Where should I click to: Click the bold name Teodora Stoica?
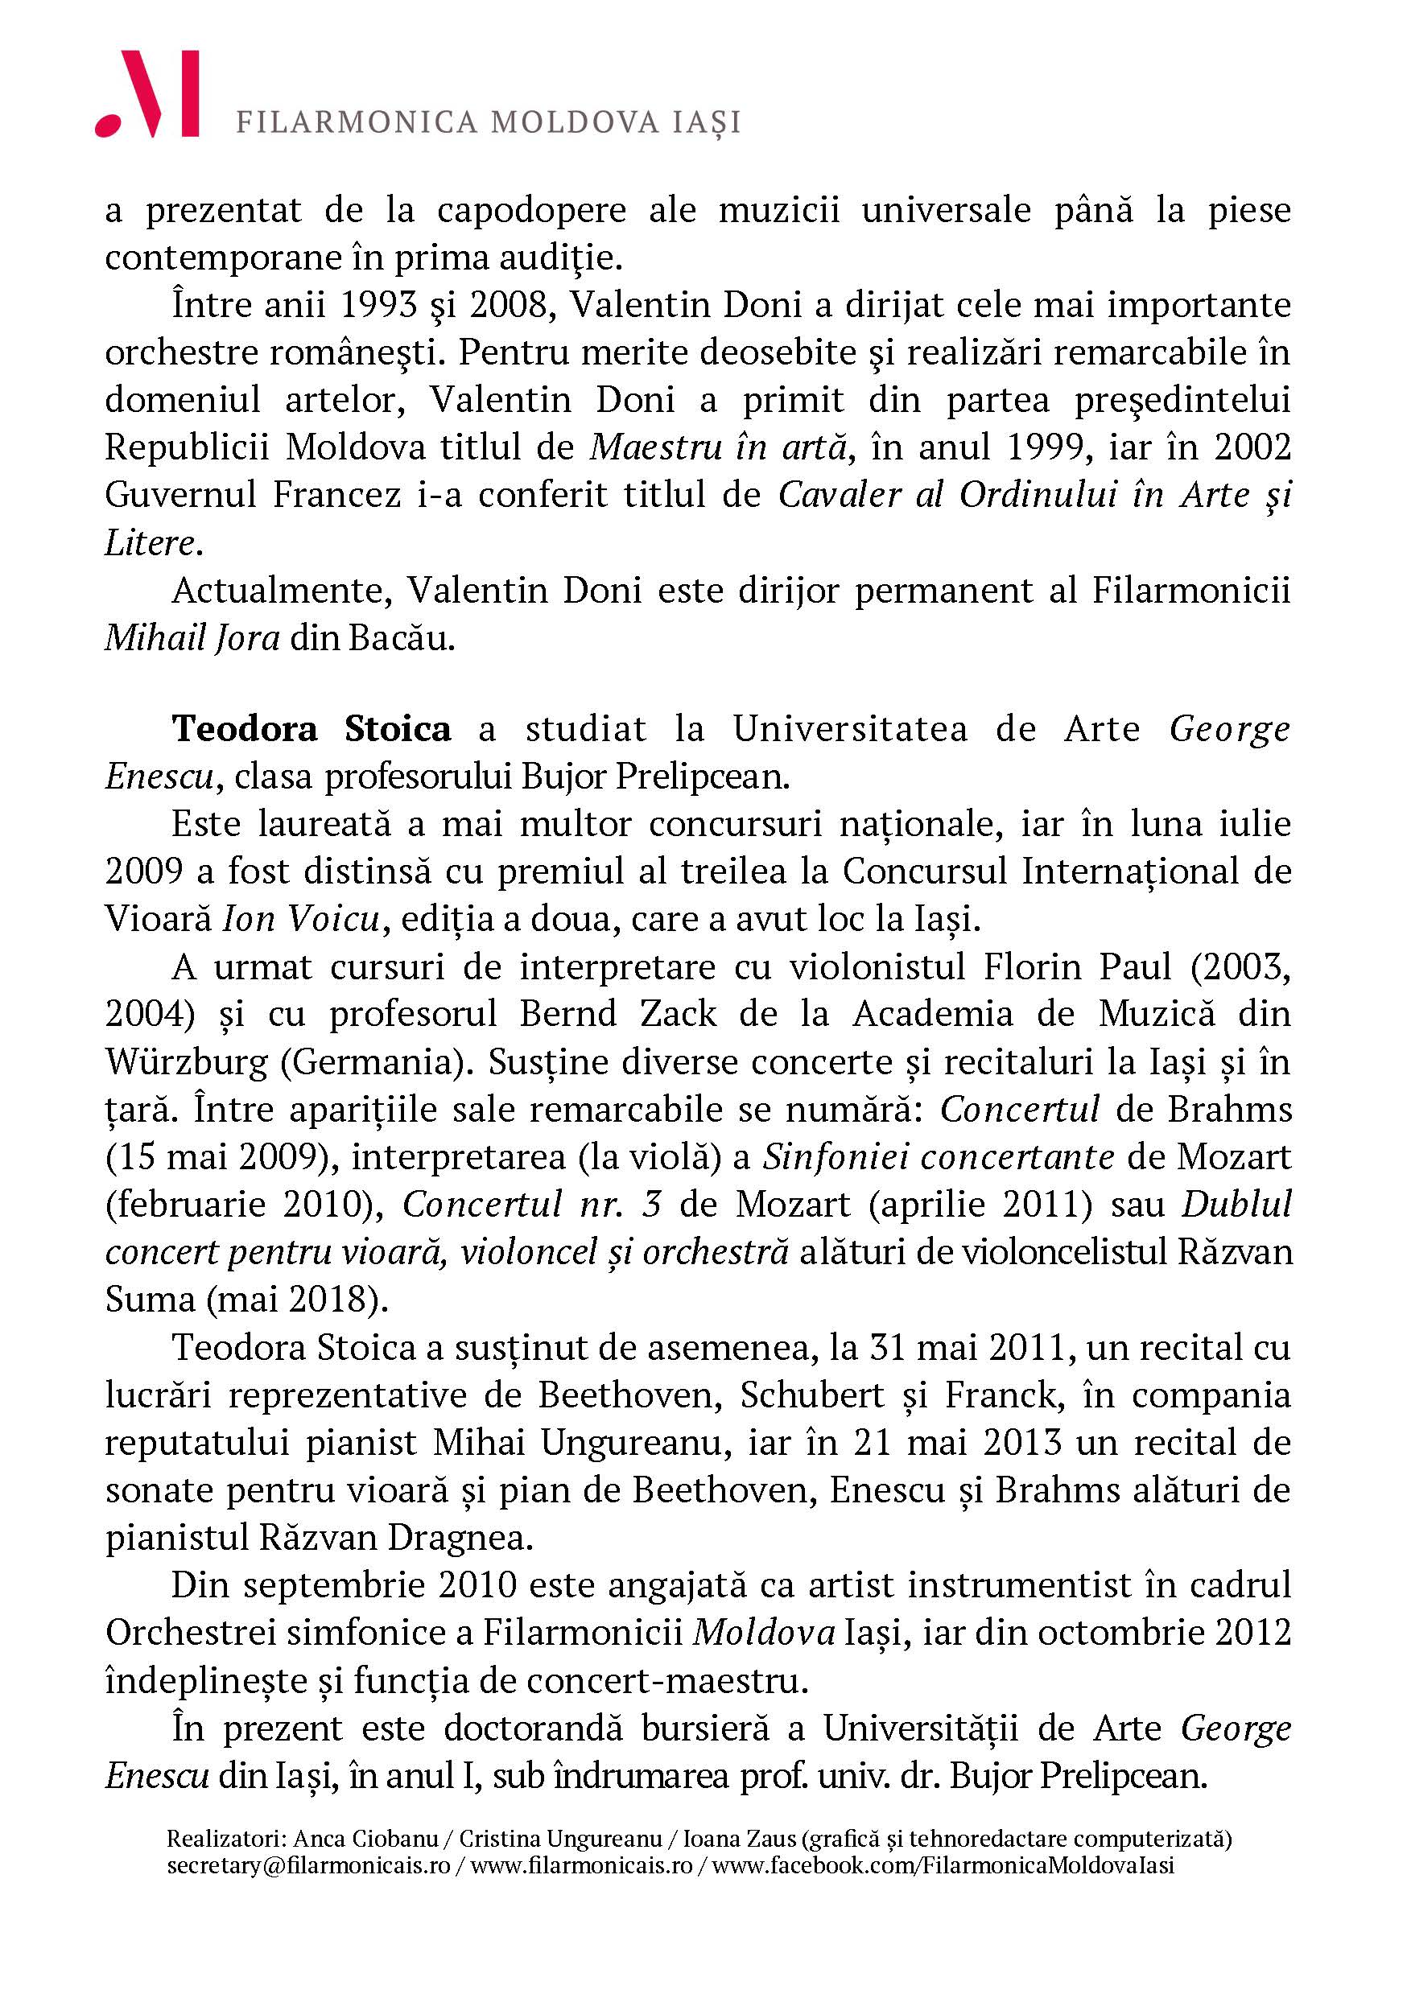pyautogui.click(x=312, y=729)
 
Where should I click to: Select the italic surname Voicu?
pyautogui.click(x=333, y=919)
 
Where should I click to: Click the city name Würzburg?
pyautogui.click(x=185, y=1061)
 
